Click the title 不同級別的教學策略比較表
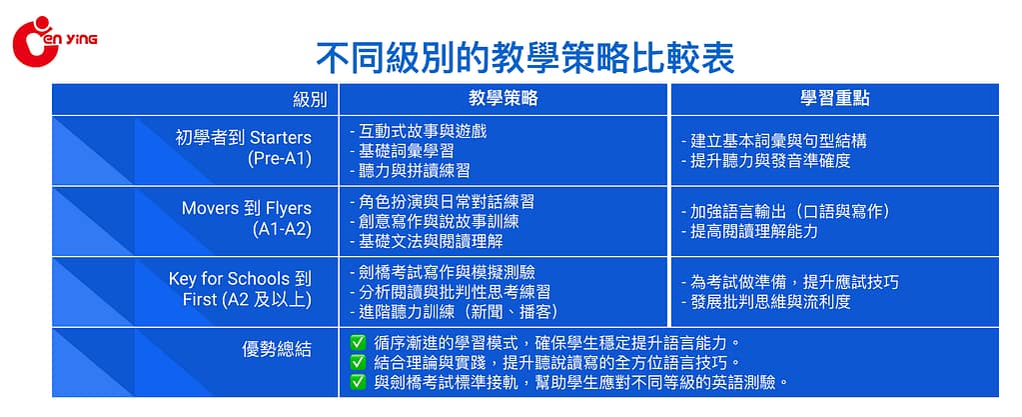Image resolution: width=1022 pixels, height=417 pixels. [x=525, y=58]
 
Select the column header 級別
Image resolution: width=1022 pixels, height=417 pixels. [x=316, y=100]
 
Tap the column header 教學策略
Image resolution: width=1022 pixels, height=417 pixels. [x=504, y=99]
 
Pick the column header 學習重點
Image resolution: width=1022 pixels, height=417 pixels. [x=835, y=99]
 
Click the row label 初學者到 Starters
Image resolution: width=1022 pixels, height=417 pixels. [x=244, y=138]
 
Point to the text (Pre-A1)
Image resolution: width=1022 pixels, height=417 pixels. [x=280, y=159]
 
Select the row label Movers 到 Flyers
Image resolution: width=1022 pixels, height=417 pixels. [x=247, y=208]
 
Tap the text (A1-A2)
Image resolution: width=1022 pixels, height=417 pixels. [x=282, y=230]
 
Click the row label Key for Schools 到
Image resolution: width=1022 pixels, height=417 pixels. [x=240, y=279]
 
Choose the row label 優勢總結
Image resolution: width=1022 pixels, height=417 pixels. [x=277, y=350]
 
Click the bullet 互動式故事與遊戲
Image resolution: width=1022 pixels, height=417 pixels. [x=419, y=131]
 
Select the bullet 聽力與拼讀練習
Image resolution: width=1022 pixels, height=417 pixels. [x=410, y=170]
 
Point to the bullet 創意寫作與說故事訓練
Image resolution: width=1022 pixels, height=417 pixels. [x=435, y=222]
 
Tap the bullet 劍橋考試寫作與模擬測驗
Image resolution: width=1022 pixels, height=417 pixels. [x=443, y=271]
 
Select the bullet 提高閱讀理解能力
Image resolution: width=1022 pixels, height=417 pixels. [x=749, y=231]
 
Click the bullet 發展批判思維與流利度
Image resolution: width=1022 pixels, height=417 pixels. [x=766, y=302]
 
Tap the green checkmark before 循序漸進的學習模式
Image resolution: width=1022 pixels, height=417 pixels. [x=358, y=342]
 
